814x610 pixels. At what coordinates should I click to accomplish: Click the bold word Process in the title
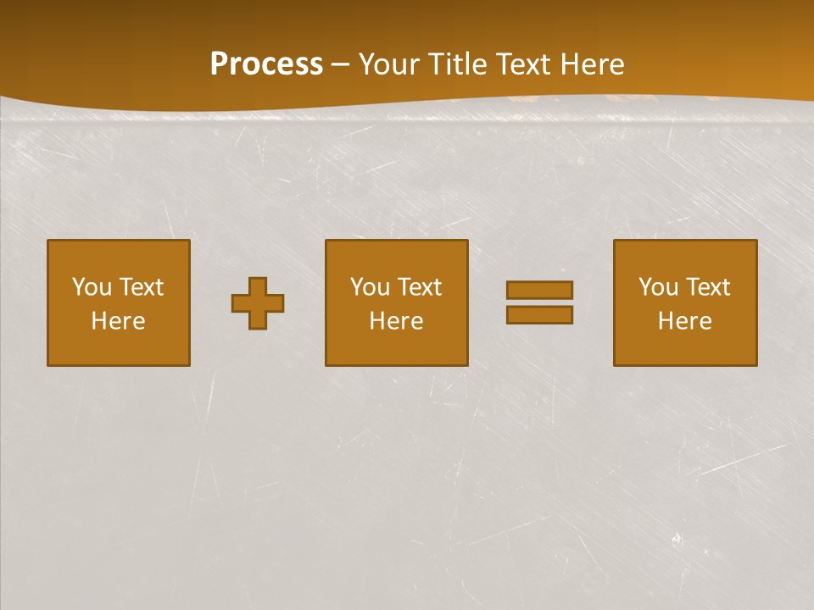(266, 64)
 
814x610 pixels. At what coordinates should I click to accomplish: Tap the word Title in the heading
(453, 64)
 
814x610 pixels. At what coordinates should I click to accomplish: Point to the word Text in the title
(523, 64)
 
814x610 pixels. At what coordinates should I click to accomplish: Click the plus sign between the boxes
(258, 303)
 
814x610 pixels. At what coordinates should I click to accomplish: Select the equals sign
(539, 302)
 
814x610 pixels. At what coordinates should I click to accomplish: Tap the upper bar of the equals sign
(539, 290)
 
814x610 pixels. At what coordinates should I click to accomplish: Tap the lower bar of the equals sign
(539, 315)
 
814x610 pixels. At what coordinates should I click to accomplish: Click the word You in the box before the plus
(92, 287)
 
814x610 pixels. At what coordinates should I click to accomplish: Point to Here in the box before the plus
(119, 321)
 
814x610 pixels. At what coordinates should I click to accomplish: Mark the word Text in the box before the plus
(141, 287)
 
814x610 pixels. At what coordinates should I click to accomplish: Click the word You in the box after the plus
(370, 287)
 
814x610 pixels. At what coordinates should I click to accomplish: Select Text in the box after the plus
(419, 287)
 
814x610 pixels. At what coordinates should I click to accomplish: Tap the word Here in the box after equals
(685, 321)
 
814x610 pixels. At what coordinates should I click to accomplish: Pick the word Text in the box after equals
(707, 287)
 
